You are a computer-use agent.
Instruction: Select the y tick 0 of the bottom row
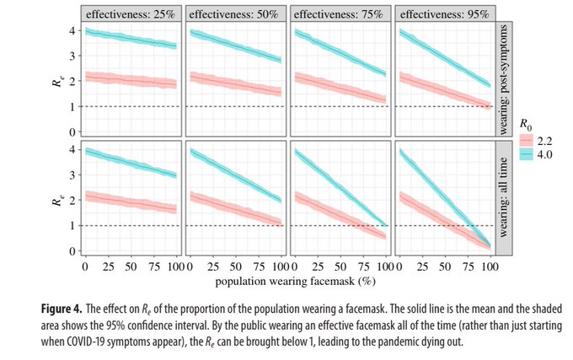73,251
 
